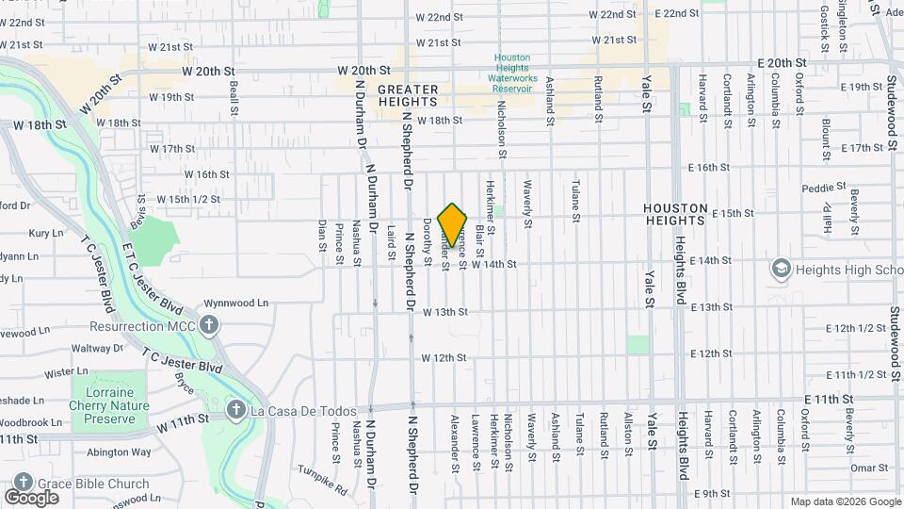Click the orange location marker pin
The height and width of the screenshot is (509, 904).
(x=452, y=224)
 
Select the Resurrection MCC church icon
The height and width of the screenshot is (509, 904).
(x=208, y=326)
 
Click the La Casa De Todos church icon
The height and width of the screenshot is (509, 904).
(x=235, y=411)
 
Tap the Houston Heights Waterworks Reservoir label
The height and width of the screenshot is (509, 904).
(x=513, y=73)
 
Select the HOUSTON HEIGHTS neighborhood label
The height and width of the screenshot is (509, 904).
(x=674, y=213)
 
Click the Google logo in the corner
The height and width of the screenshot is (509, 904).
(x=31, y=497)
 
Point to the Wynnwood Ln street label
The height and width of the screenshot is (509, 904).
(x=237, y=304)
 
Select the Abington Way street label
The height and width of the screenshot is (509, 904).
(x=119, y=452)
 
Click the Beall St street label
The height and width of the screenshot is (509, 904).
(x=234, y=93)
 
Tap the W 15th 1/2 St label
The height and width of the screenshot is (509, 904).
(x=187, y=199)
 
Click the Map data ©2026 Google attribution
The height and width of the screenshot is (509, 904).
(x=845, y=501)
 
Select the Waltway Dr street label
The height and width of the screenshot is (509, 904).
(x=112, y=348)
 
